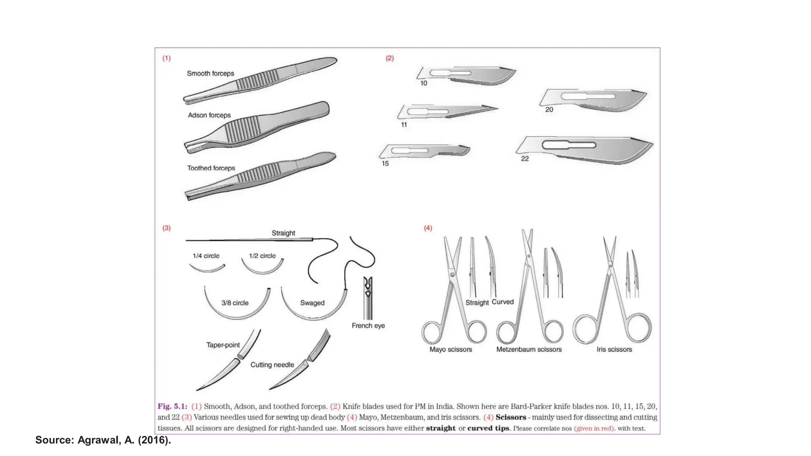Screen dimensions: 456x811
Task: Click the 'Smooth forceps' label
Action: click(x=210, y=74)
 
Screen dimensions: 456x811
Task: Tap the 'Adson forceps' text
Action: click(x=209, y=115)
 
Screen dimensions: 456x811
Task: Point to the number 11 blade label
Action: click(x=404, y=125)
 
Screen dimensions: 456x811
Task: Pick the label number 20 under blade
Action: click(x=549, y=110)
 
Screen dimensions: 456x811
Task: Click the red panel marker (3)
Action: click(x=167, y=228)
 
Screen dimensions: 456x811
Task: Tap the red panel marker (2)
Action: click(x=390, y=58)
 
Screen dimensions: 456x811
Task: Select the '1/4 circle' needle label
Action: click(x=206, y=256)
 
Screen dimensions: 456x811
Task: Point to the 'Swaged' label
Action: click(x=312, y=303)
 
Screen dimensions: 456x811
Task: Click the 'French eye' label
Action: click(x=368, y=325)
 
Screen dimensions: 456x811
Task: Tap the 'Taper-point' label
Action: click(x=223, y=345)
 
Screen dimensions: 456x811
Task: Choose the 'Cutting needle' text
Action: click(x=272, y=365)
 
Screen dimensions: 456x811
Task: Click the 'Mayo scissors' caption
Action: click(x=451, y=350)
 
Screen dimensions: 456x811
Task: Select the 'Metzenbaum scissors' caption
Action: click(x=529, y=350)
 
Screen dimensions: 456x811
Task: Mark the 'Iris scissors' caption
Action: click(x=614, y=350)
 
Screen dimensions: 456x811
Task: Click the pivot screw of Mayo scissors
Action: click(x=452, y=275)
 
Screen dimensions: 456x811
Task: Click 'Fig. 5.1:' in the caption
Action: click(x=172, y=407)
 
